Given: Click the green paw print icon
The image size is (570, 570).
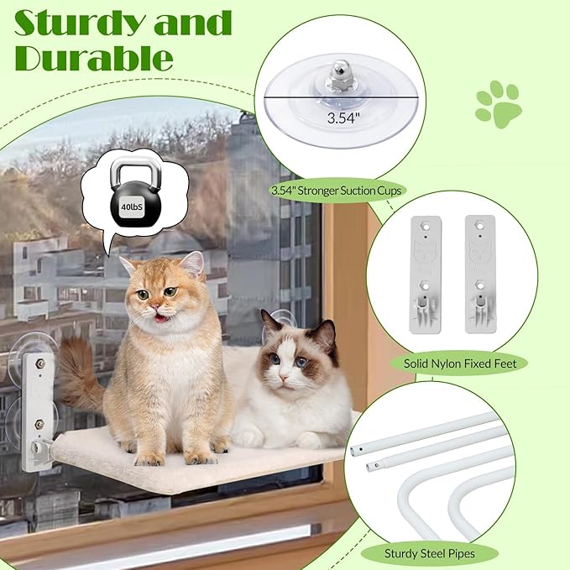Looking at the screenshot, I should tap(498, 104).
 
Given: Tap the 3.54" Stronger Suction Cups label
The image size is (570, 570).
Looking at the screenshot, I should tap(337, 191).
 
